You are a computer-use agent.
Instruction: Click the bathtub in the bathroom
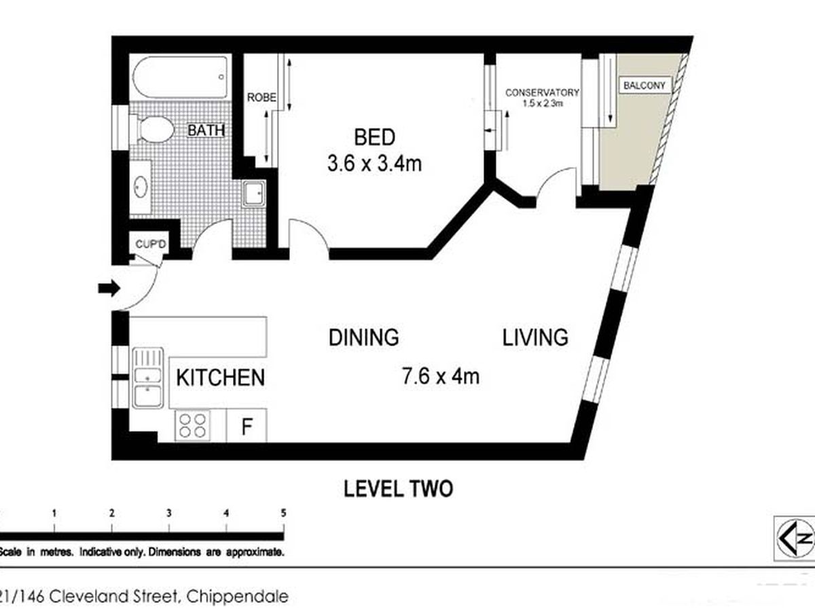point(181,77)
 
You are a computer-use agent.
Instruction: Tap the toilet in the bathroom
point(152,129)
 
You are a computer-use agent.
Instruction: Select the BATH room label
point(206,130)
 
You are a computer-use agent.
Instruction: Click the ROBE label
point(261,98)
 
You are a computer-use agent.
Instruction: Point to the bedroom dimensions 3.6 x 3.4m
point(374,164)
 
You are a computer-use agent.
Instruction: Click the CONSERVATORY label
point(542,93)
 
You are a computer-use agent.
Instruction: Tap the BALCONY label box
point(645,86)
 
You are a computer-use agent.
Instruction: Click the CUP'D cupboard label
point(151,244)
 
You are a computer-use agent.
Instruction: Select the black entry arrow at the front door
point(109,288)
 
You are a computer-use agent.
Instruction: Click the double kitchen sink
point(148,378)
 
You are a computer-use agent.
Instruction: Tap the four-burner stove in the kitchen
point(192,426)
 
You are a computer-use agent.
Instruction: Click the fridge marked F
point(247,426)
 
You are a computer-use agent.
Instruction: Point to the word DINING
point(364,337)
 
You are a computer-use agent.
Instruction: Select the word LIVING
point(535,337)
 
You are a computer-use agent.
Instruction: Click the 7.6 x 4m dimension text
point(441,376)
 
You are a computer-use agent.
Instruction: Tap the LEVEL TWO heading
point(398,489)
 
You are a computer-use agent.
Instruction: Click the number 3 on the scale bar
point(169,513)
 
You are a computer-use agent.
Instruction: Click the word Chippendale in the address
point(238,597)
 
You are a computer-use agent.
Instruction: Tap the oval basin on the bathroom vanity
point(141,187)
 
